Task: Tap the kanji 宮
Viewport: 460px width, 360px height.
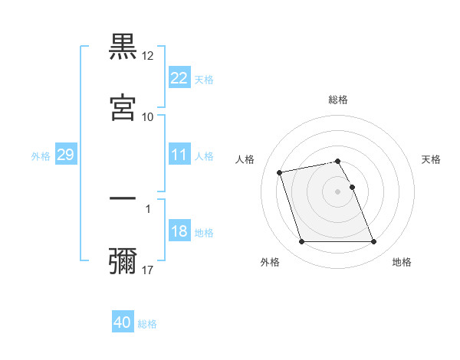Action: point(123,106)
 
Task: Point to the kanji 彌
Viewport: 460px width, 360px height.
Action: point(123,260)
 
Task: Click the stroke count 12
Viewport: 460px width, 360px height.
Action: point(148,56)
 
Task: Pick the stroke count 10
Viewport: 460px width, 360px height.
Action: point(148,116)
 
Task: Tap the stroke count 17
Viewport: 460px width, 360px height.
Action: point(148,270)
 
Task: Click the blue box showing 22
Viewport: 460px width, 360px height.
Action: point(179,77)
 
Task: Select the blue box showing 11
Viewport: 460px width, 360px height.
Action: point(179,155)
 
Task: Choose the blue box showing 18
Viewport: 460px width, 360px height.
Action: point(179,231)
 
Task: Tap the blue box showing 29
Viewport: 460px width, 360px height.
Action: point(65,155)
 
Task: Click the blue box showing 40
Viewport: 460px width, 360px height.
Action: point(123,322)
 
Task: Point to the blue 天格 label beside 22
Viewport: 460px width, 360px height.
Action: point(204,79)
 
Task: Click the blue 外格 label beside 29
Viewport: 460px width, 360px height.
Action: point(41,156)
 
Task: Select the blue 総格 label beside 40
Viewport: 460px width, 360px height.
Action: point(147,324)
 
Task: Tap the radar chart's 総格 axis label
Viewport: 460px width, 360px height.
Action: point(338,100)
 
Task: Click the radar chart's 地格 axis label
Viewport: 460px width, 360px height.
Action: point(402,262)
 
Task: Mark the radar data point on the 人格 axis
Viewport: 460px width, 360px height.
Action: point(280,172)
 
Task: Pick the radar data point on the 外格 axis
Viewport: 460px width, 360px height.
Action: point(301,242)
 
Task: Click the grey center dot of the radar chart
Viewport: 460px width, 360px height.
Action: point(338,191)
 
